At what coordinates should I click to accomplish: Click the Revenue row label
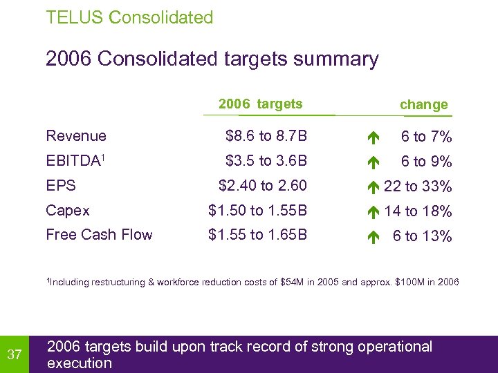[x=76, y=136]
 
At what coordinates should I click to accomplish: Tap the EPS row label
[x=61, y=186]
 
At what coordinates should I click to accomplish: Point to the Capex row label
[x=68, y=210]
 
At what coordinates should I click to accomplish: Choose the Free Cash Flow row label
[x=99, y=235]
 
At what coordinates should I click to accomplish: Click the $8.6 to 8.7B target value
[x=266, y=136]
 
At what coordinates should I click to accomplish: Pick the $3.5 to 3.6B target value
[x=266, y=161]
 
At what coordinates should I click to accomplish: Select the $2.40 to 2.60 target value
[x=262, y=186]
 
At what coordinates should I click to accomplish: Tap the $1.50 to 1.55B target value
[x=258, y=210]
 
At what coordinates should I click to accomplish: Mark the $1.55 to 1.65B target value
[x=258, y=235]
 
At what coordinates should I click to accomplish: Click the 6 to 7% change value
[x=427, y=137]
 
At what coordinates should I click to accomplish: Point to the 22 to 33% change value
[x=418, y=186]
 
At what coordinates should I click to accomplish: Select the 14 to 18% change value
[x=418, y=211]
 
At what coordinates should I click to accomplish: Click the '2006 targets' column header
[x=260, y=104]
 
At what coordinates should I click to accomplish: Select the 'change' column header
[x=424, y=105]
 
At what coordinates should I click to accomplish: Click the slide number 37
[x=14, y=355]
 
